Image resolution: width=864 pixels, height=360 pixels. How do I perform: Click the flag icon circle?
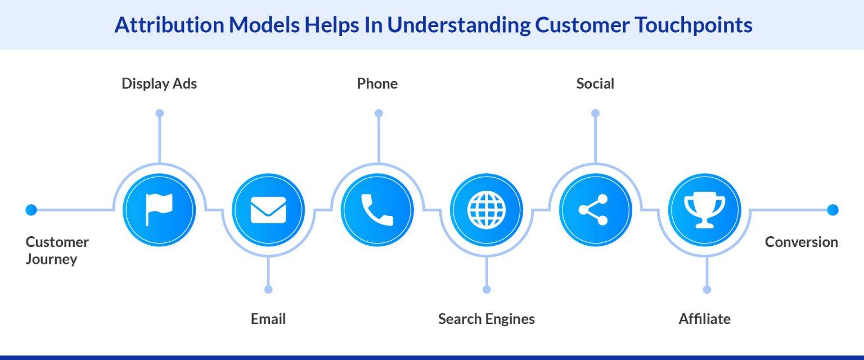pos(159,210)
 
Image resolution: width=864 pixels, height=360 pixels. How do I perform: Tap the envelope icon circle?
pos(268,210)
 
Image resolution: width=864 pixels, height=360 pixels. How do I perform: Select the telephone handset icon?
pos(377,210)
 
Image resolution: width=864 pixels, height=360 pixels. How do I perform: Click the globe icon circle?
pos(487,210)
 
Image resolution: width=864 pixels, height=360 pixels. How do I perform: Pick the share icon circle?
pos(595,210)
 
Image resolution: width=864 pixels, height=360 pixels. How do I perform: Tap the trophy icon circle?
pos(704,210)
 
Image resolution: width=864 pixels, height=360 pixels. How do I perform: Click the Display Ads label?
pos(159,84)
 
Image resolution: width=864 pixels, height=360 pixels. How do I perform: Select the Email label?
pos(268,319)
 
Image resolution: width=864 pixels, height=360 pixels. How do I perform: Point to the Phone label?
pos(377,84)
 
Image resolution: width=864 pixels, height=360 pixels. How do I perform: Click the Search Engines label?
pos(487,319)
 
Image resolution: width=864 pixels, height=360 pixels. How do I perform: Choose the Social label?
pos(595,84)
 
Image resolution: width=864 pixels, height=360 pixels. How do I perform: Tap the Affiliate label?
pos(704,319)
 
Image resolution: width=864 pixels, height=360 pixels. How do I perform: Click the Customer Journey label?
pos(57,250)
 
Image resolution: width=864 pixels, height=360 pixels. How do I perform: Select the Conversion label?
pos(801,242)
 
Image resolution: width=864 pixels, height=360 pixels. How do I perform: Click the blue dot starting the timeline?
pos(31,210)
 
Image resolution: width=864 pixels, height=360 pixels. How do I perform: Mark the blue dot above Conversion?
pos(832,210)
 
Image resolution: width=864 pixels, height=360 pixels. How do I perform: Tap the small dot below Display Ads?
pos(159,113)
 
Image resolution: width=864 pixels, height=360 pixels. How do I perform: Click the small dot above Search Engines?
pos(487,289)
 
